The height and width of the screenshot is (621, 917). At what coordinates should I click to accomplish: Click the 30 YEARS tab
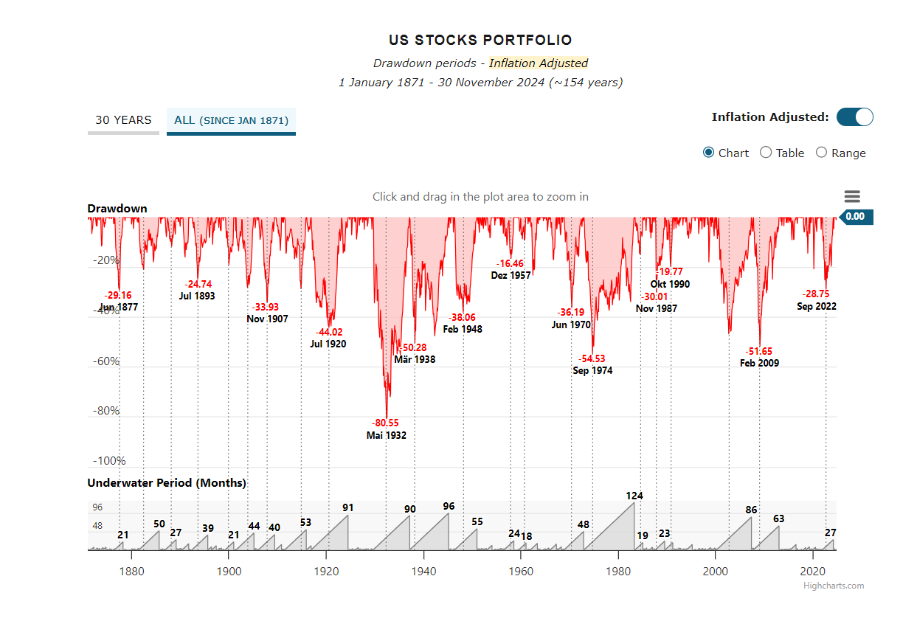point(123,120)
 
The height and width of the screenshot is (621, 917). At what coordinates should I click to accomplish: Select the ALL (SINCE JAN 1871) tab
point(231,120)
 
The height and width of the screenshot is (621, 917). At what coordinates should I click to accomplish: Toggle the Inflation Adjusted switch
point(854,117)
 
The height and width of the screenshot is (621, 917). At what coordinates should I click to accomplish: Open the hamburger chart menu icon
point(852,196)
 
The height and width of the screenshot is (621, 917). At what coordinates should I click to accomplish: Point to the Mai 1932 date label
point(387,435)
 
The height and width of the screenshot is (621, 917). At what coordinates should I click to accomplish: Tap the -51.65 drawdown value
point(759,351)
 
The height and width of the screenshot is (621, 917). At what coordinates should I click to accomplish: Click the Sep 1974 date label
point(592,370)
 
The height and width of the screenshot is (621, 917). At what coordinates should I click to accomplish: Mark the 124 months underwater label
point(634,496)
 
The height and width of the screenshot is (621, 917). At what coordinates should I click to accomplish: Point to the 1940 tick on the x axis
point(423,571)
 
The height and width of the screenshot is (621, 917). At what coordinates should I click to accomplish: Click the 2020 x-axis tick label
point(812,571)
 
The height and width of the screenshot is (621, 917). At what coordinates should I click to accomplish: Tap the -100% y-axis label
point(109,461)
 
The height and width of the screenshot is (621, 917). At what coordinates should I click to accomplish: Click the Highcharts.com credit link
point(834,586)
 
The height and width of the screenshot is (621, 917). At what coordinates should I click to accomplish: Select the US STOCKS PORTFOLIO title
point(480,41)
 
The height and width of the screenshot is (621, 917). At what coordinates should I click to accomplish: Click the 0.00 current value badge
point(854,217)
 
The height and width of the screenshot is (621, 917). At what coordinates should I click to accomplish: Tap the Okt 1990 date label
point(670,284)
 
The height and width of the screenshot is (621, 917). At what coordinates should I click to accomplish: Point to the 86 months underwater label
point(751,510)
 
